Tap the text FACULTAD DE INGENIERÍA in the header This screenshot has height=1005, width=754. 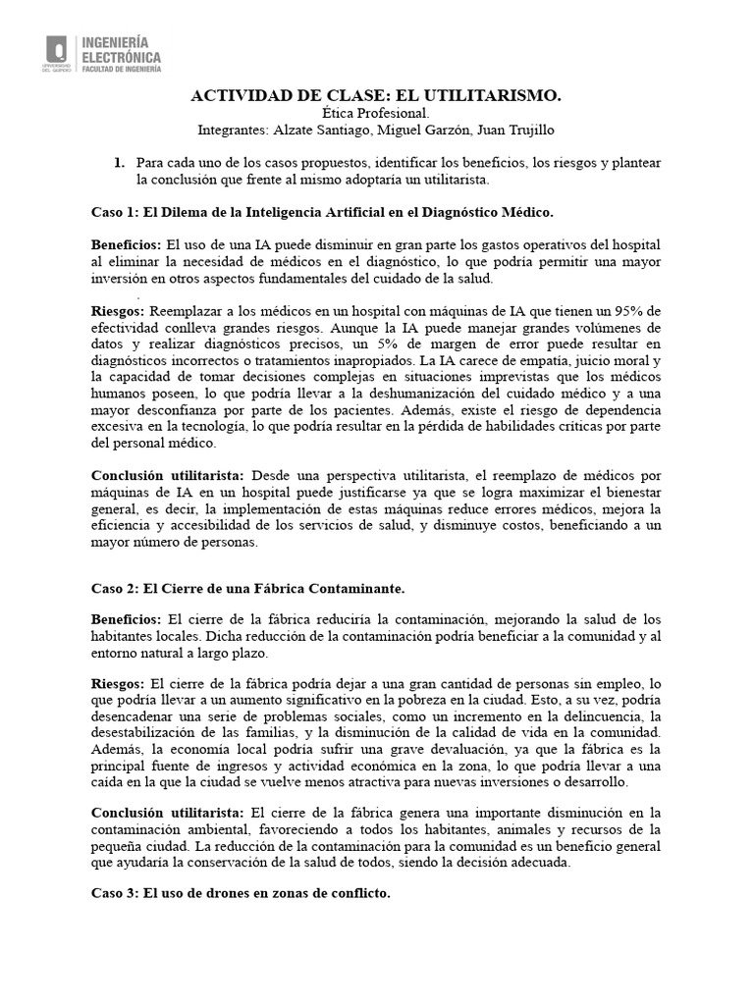[121, 69]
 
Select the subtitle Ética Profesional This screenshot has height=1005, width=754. [376, 113]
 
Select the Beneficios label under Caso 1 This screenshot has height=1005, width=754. [126, 243]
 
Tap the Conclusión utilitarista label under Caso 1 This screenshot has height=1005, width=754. [168, 475]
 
